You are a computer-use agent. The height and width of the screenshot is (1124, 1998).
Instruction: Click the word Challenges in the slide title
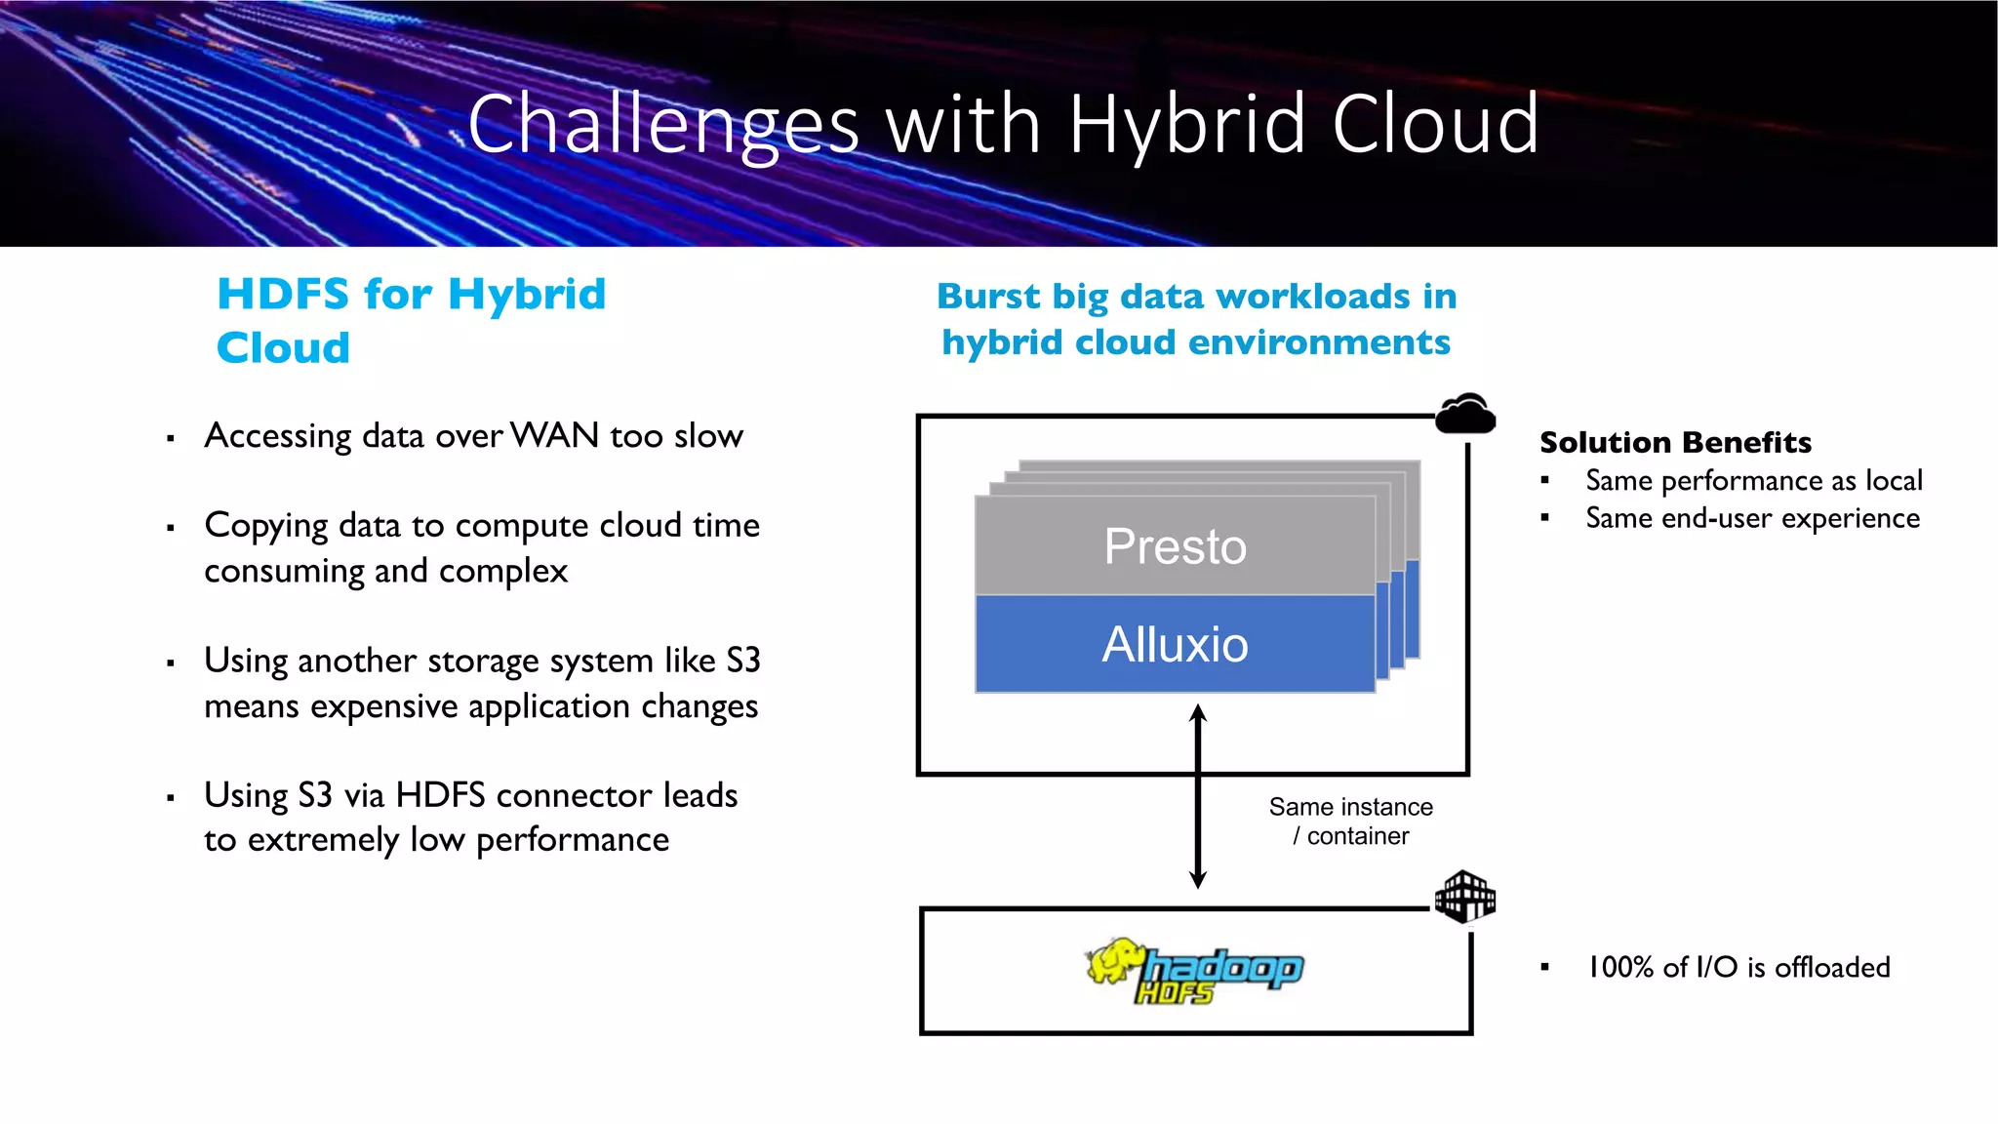click(x=663, y=125)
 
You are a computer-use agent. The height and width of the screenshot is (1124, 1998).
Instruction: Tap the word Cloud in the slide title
click(x=1435, y=125)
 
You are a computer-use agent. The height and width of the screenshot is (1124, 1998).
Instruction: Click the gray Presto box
click(x=1175, y=545)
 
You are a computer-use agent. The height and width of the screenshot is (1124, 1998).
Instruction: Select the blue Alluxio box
click(x=1175, y=645)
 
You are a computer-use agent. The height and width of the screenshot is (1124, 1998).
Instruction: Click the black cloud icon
click(x=1465, y=415)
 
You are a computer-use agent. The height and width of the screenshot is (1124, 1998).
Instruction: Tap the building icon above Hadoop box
click(x=1464, y=897)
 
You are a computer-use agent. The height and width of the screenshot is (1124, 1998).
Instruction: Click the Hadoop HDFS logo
click(x=1195, y=971)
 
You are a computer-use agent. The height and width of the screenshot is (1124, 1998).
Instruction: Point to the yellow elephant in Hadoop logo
click(x=1114, y=961)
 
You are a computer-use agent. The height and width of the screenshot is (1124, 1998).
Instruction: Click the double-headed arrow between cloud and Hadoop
click(x=1198, y=795)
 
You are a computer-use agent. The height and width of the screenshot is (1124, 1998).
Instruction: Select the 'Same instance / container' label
click(x=1350, y=822)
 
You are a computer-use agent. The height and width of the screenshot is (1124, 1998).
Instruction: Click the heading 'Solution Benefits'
click(x=1675, y=443)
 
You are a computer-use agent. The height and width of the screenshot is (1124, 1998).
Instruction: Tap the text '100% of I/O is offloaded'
click(x=1738, y=967)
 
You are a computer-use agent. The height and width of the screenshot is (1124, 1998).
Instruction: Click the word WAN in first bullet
click(x=554, y=435)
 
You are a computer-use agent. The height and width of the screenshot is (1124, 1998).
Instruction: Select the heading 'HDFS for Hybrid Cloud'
click(x=410, y=320)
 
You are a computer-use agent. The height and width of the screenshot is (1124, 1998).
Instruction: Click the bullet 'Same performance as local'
click(x=1753, y=481)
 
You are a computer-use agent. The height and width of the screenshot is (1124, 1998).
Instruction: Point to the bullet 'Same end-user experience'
click(x=1752, y=518)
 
